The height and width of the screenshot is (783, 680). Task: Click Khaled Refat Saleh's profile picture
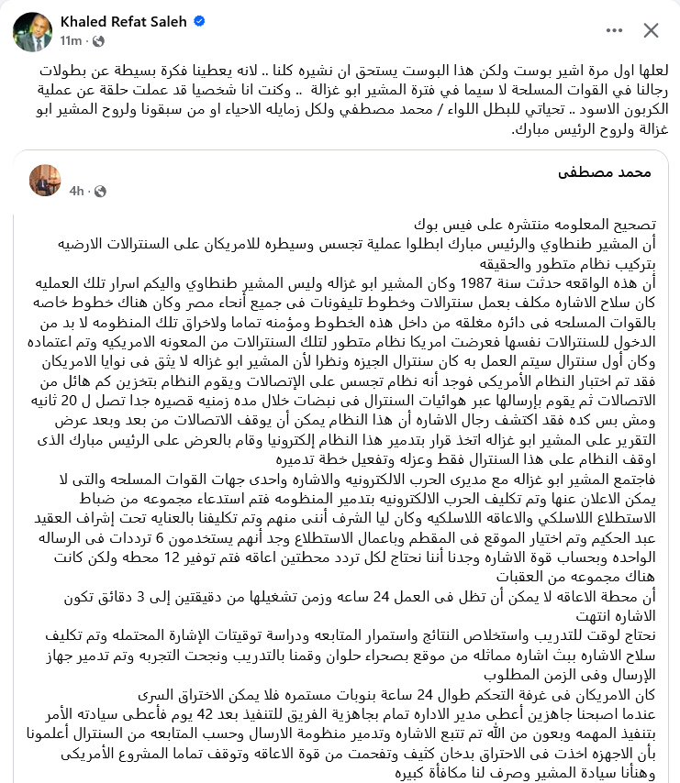coord(32,31)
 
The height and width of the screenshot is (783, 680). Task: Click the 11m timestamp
coord(71,41)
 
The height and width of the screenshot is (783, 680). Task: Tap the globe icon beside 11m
coord(98,41)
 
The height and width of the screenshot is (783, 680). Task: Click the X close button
coord(651,30)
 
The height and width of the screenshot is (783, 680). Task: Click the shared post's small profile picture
coord(45,180)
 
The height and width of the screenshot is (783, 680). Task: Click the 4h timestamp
coord(77,191)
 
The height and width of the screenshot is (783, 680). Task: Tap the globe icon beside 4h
coord(100,191)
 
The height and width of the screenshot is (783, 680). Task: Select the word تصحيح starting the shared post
coord(637,225)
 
